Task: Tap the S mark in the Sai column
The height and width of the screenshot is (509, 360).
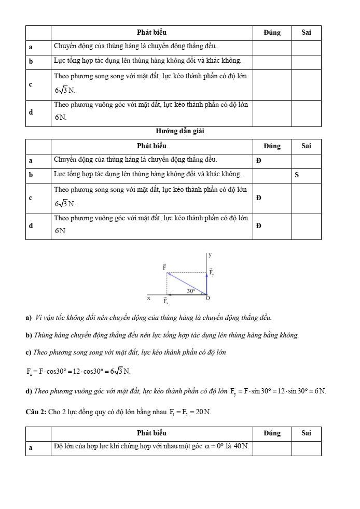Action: coord(297,175)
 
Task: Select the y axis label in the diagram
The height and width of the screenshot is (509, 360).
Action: coord(210,255)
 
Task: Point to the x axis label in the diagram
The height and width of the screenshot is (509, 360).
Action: coord(148,298)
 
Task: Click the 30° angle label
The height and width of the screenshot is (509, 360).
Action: coord(191,291)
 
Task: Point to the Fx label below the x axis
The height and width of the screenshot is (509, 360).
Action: coord(165,301)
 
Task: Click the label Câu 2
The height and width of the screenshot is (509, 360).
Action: coord(35,412)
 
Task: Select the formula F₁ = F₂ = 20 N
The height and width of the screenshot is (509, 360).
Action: coord(190,412)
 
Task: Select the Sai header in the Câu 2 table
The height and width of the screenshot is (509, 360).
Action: coord(306,433)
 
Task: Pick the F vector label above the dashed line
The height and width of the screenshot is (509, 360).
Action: coord(164,267)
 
